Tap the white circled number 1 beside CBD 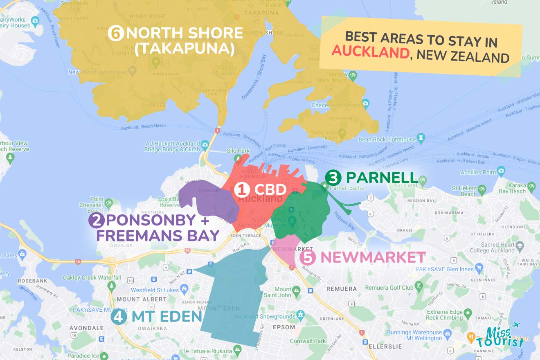241,190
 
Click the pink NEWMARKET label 373,257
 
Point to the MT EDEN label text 167,316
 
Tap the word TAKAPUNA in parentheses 187,48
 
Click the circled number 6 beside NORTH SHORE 116,33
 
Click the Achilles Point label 478,172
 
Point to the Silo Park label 238,151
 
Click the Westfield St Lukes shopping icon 184,290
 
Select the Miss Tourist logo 499,337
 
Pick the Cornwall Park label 308,341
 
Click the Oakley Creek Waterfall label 92,277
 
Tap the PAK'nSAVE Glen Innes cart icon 479,269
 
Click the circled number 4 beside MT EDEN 119,317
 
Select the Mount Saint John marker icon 297,290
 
